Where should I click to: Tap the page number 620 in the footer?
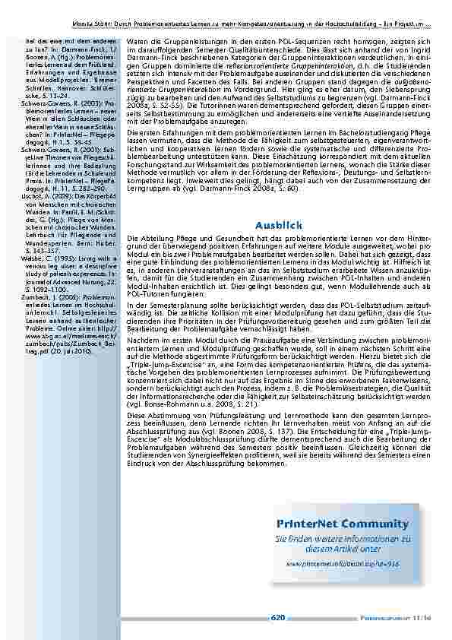278,617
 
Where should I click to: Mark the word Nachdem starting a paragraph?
142,340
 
